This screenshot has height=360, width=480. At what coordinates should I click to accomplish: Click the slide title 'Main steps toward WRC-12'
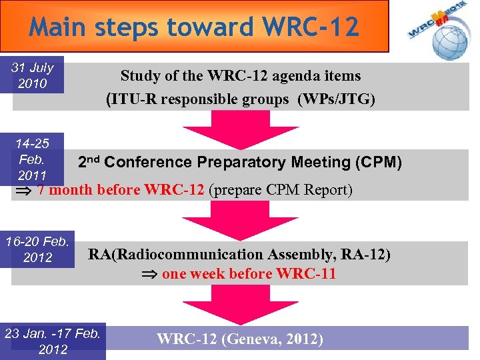point(194,27)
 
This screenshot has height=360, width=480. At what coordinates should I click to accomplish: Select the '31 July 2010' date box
point(37,75)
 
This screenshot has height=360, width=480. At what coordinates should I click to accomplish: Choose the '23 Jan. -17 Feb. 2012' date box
point(53,341)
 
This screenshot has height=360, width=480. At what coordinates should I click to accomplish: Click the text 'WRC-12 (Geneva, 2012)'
point(240,339)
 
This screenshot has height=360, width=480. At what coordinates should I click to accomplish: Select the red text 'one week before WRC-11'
point(249,274)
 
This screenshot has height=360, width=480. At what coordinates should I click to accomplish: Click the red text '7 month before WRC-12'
point(121,190)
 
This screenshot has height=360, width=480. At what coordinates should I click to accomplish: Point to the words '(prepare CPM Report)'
point(281,190)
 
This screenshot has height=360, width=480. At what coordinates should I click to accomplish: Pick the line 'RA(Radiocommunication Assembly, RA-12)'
point(239,254)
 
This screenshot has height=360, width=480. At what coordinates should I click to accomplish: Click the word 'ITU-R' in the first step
point(133,99)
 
